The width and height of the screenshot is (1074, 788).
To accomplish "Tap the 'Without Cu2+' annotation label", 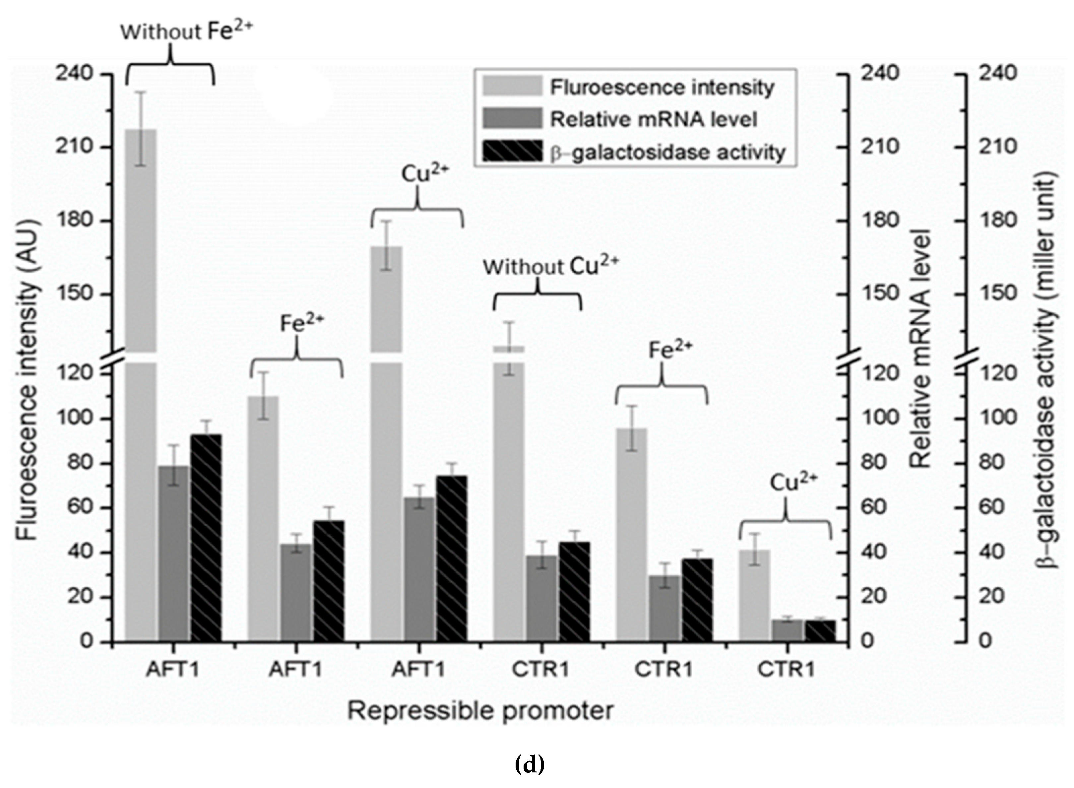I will click(x=550, y=266).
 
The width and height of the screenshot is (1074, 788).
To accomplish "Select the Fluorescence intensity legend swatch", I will click(x=512, y=87).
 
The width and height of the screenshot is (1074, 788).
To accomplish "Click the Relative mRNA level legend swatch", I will click(x=512, y=119).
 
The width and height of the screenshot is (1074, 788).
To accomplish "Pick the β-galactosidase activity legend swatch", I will click(x=512, y=152).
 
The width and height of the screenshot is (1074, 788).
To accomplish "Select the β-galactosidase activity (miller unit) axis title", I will click(x=1047, y=370).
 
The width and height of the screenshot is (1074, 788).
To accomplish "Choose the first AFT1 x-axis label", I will click(x=173, y=669).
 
